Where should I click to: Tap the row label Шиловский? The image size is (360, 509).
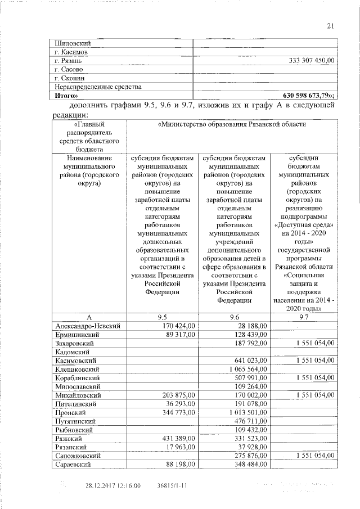[73, 43]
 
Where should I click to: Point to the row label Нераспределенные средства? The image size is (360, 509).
[98, 87]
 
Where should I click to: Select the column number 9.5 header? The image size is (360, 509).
[162, 317]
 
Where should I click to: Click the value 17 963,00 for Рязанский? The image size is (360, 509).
[179, 448]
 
